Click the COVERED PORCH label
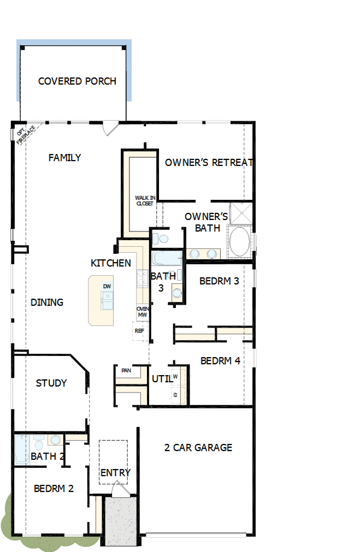77,81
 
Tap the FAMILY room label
64,158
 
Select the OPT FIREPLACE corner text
25,135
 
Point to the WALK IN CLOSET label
145,200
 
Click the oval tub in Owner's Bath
239,241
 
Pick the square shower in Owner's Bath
241,213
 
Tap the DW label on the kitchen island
107,286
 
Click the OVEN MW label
142,312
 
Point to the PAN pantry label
126,370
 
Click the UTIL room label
162,378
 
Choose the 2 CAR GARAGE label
198,448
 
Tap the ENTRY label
115,472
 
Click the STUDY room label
51,383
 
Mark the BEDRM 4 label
220,361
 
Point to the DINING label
47,302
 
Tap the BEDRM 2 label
54,489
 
